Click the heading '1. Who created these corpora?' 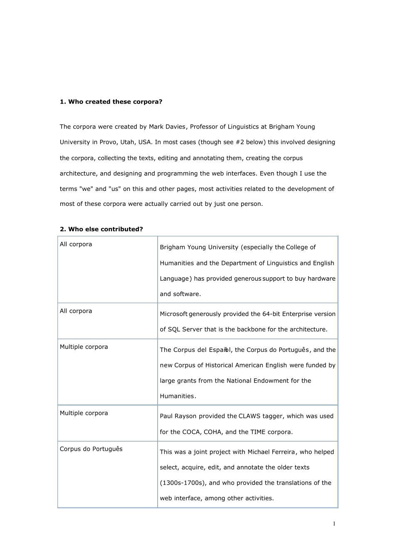(111, 102)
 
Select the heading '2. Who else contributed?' (101, 229)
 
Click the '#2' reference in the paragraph (239, 142)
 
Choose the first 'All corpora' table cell (76, 245)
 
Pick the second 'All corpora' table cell (76, 311)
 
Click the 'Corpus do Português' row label (91, 449)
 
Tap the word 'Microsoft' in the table (174, 314)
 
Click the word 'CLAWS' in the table (249, 416)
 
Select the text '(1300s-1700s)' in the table (182, 483)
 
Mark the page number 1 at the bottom (334, 524)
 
